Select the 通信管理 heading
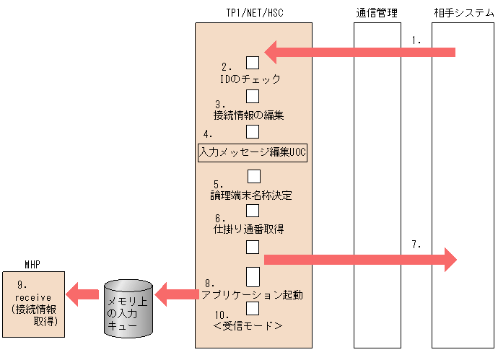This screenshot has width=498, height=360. tap(377, 13)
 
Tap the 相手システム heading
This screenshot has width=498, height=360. tap(460, 13)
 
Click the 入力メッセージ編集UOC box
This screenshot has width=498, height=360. tap(253, 152)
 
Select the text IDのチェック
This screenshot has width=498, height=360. tap(250, 79)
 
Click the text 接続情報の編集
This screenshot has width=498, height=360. tap(249, 114)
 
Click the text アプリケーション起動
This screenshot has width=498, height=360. tap(252, 294)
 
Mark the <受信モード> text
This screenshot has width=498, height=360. tap(248, 326)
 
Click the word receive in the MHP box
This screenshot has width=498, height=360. tap(32, 297)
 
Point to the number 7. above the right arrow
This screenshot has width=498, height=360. tap(416, 245)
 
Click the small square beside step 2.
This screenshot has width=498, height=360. tap(253, 62)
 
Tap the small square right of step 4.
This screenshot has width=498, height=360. tap(253, 131)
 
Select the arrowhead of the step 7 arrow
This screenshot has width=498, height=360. tap(450, 259)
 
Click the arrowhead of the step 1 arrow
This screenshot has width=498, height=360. tap(273, 51)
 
